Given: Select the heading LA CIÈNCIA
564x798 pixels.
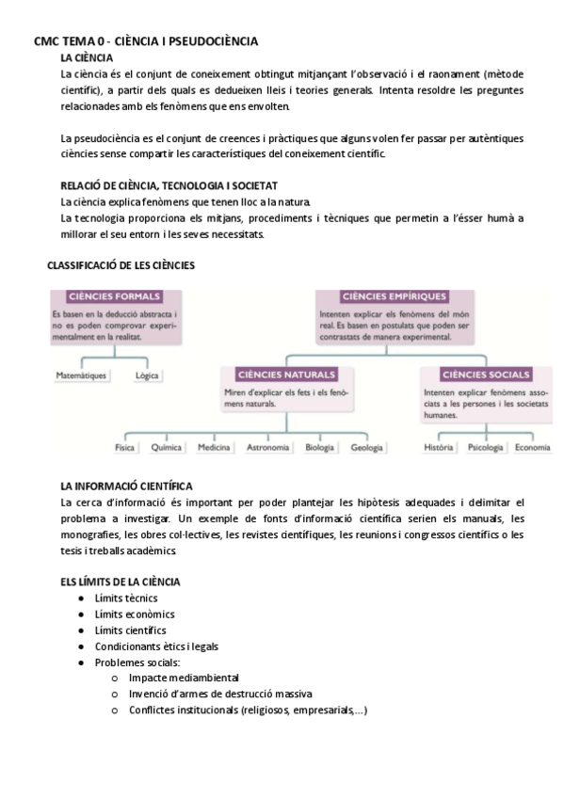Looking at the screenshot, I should pos(87,57).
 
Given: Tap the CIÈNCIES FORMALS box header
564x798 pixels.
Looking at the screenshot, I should pos(115,295).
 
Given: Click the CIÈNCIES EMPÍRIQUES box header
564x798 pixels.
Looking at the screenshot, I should pos(395,295).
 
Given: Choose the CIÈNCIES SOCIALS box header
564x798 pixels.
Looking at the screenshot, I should pos(486,374).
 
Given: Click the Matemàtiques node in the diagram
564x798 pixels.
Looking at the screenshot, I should pos(82,375).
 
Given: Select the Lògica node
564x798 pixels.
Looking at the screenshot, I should pos(147,375).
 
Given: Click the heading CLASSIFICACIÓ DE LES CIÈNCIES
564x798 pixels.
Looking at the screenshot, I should pos(121,266).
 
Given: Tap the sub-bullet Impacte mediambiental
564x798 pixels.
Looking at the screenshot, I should pos(185,678).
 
